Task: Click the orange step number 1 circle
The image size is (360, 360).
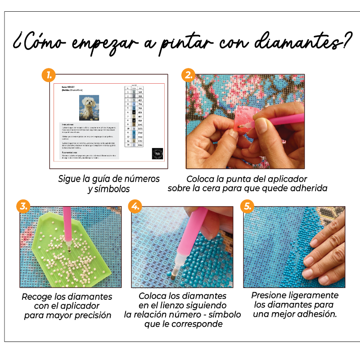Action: click(x=48, y=74)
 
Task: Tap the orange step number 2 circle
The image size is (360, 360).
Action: click(x=188, y=74)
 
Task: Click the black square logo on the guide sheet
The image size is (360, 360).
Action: click(x=157, y=153)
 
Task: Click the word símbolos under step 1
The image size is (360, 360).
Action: click(x=109, y=189)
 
